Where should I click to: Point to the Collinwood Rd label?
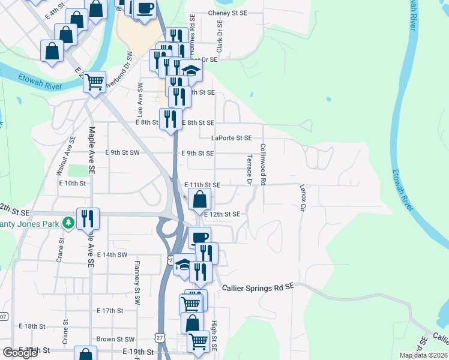coord(263,164)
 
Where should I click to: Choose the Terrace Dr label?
coord(249,169)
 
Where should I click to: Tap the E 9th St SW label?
coord(122,153)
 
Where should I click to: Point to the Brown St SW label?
coord(115,339)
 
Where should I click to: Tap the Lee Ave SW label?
coord(139,100)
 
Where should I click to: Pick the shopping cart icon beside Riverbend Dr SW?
coord(94,81)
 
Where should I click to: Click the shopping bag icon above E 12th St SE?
coord(199,199)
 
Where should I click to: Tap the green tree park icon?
coord(69,223)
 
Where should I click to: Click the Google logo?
coord(20,353)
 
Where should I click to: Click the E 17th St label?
coord(110,311)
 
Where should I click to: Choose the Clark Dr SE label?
coord(220,37)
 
